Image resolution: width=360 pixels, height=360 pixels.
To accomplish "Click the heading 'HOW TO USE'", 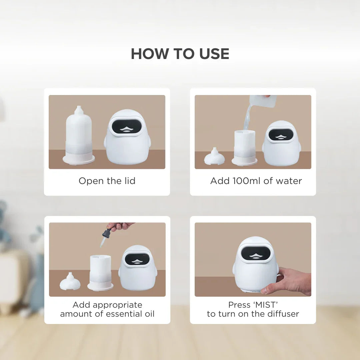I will [x=180, y=54].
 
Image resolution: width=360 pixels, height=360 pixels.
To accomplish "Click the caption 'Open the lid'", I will [x=107, y=181].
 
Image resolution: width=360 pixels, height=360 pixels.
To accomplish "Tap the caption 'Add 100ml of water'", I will [x=256, y=181].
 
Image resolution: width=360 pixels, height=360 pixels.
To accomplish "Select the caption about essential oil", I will [x=107, y=309].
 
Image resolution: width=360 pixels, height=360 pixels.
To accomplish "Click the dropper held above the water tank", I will [x=105, y=237].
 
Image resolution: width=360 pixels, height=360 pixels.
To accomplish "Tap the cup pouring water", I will [x=263, y=101].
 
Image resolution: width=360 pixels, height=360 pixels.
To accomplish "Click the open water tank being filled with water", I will [x=244, y=147].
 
